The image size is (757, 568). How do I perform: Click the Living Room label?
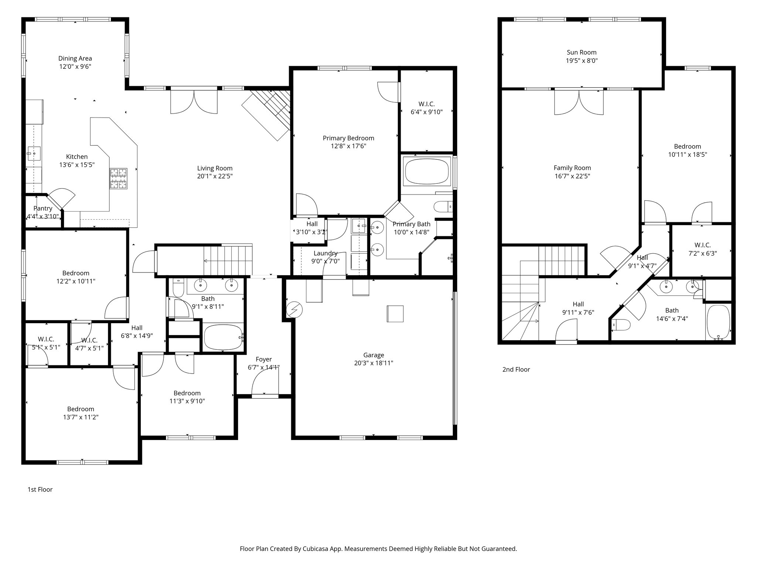[215, 168]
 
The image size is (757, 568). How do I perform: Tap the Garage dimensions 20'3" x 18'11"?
[373, 363]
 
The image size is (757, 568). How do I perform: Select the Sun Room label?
[581, 53]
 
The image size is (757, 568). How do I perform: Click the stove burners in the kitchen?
[118, 179]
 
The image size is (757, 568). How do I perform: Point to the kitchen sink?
[34, 152]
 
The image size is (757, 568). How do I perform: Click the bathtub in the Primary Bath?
[427, 172]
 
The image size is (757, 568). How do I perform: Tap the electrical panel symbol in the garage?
[295, 310]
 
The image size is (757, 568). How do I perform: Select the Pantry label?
[43, 209]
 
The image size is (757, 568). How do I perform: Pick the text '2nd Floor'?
[516, 369]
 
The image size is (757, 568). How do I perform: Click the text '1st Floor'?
[40, 490]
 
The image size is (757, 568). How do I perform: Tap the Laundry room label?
[325, 253]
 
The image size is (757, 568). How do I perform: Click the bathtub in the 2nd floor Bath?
[718, 322]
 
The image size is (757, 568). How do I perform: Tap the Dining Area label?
[75, 58]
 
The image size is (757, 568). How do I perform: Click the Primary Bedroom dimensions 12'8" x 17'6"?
[348, 146]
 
